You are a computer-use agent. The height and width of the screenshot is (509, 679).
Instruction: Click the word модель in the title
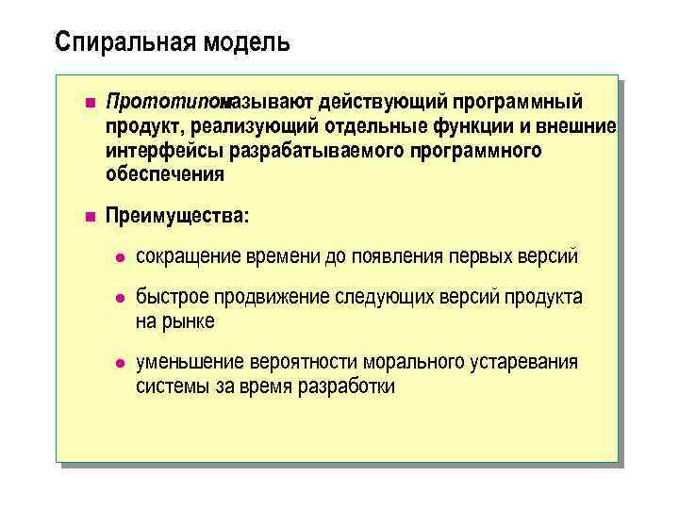tap(247, 42)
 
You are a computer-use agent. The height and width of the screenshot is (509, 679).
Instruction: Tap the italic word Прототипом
tap(161, 102)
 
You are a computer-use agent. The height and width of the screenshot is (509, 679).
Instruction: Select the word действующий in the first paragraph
tap(383, 102)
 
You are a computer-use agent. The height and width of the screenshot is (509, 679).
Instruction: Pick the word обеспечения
tap(165, 174)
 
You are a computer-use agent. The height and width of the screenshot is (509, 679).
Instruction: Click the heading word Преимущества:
tap(177, 216)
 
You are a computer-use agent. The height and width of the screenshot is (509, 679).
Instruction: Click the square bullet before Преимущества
tap(90, 217)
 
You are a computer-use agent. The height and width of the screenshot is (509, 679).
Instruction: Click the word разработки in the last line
tap(346, 386)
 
